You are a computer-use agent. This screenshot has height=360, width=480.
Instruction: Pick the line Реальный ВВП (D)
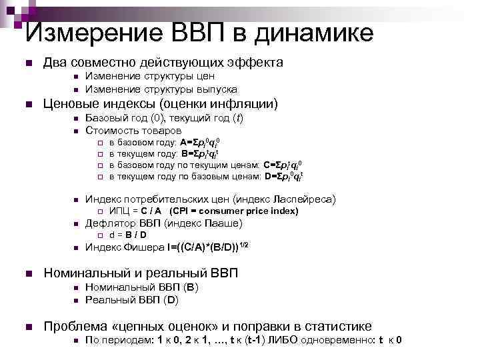(x=132, y=300)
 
